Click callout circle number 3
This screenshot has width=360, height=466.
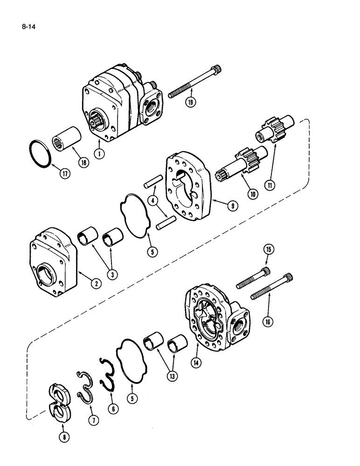click(112, 274)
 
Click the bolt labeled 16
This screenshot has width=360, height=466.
click(271, 285)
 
